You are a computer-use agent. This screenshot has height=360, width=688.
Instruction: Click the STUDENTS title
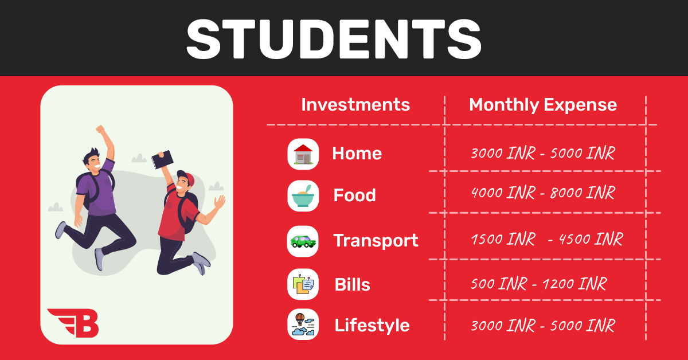[x=334, y=39]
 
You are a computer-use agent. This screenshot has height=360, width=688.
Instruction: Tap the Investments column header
[x=355, y=105]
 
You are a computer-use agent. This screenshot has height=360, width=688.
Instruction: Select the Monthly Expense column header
[x=543, y=105]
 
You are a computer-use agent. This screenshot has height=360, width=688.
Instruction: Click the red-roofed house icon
[x=303, y=154]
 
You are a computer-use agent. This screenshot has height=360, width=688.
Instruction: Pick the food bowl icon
[x=303, y=196]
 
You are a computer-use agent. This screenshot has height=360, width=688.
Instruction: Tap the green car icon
[x=303, y=241]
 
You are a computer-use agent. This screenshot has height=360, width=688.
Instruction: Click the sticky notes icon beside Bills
[x=303, y=284]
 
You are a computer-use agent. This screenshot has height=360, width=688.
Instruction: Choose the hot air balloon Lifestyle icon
[x=303, y=324]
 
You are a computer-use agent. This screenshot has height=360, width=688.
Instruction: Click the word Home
[x=357, y=153]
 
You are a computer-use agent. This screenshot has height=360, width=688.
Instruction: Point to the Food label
[x=354, y=195]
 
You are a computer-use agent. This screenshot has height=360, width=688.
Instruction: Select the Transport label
[x=376, y=241]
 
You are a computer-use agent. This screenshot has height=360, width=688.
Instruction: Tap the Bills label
[x=352, y=284]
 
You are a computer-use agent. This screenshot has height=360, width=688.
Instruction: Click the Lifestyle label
[x=372, y=325]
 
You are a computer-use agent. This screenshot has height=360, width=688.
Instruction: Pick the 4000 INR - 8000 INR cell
[x=543, y=193]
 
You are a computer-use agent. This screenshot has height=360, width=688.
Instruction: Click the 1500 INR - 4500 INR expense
[x=547, y=239]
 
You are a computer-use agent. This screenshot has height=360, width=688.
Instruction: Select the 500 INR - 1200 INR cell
[x=539, y=284]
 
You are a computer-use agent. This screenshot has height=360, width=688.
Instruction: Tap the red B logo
[x=73, y=323]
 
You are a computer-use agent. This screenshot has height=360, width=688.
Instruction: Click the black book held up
[x=162, y=159]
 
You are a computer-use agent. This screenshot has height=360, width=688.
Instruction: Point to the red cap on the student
[x=186, y=177]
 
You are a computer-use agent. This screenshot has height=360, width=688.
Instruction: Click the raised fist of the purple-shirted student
[x=100, y=129]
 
